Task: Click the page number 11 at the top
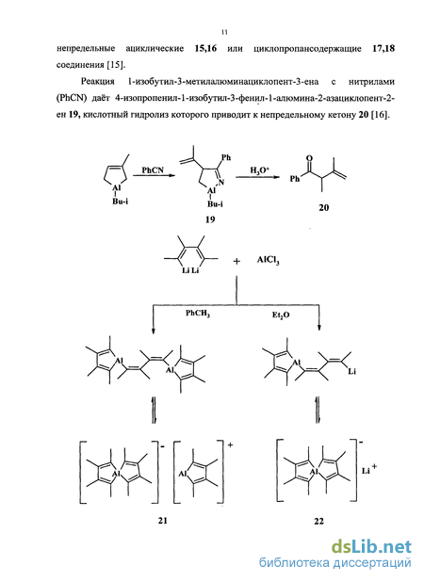224,32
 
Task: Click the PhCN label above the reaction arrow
153,170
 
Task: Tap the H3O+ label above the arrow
259,170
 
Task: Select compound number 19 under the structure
210,219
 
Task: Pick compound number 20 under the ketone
323,207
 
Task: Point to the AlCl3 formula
268,260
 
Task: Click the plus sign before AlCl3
236,261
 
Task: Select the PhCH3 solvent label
198,314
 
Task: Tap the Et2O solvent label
281,315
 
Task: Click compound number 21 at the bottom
162,521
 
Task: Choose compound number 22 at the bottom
318,521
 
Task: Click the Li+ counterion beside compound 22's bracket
369,470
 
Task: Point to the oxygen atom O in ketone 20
309,158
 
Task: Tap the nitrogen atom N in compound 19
221,183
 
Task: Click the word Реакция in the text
98,81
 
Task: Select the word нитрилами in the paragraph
371,81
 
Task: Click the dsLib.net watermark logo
371,547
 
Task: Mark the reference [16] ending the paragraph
381,115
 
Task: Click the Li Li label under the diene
190,270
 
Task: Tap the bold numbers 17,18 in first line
383,49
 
